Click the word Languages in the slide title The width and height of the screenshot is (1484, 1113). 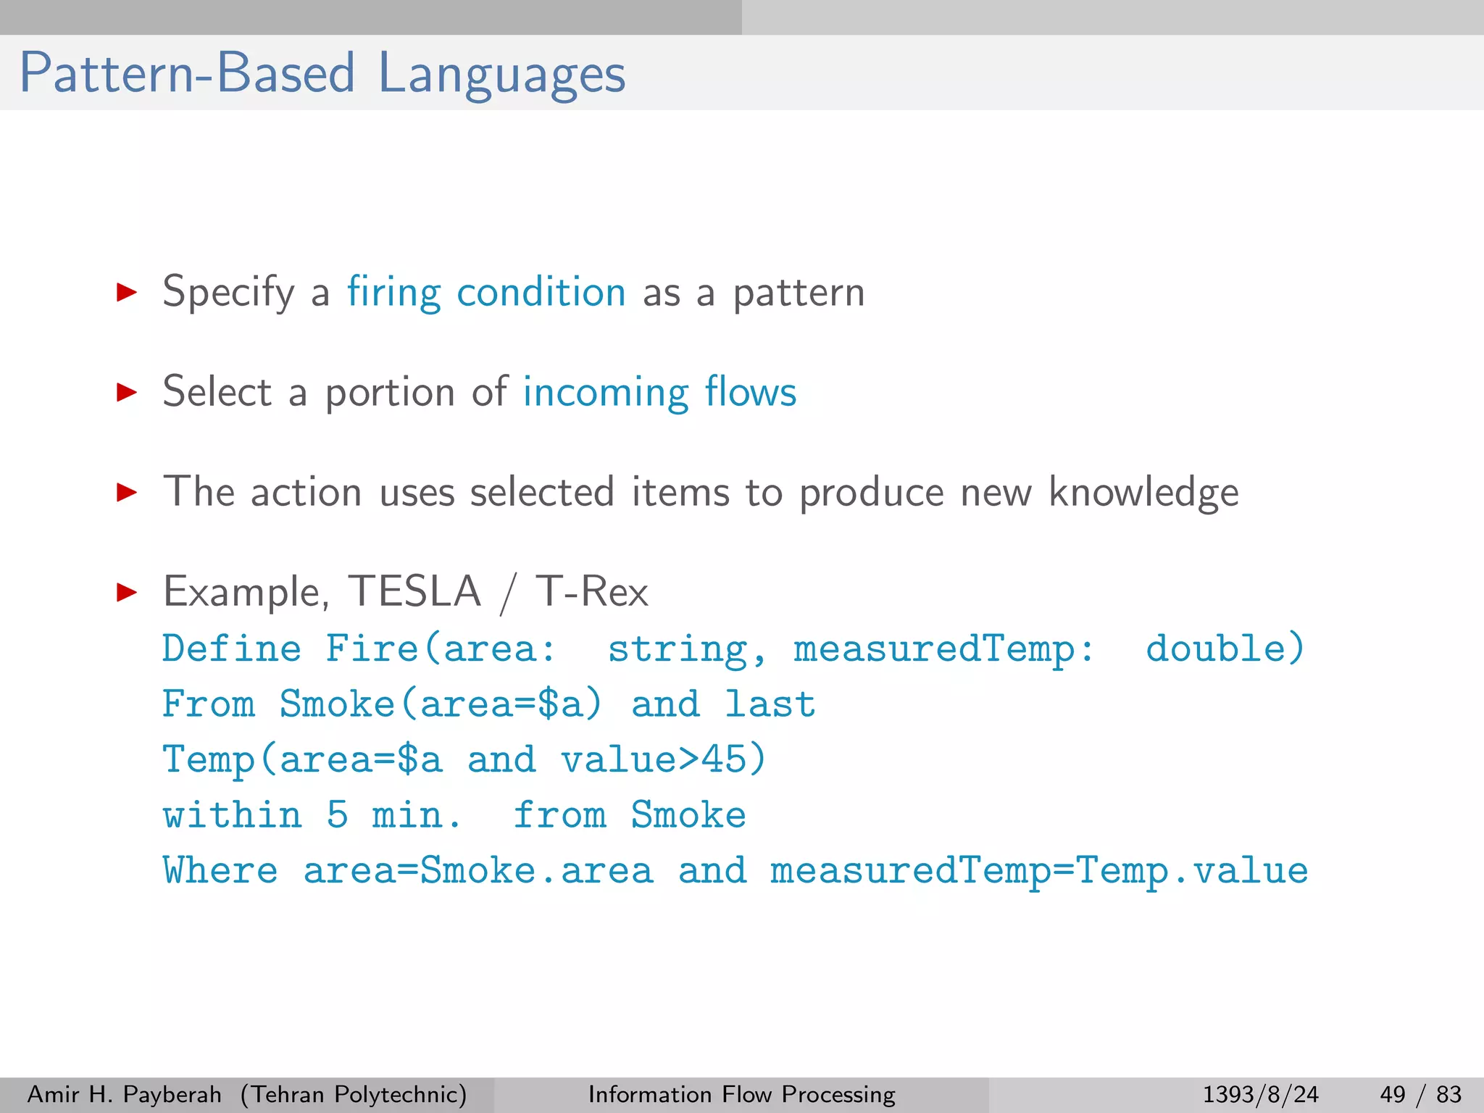(x=501, y=74)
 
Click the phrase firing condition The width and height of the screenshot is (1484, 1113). (x=485, y=292)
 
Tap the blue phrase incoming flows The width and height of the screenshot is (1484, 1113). (x=659, y=392)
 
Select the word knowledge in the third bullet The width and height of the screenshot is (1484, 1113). (x=1143, y=493)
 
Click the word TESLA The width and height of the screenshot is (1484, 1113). (x=414, y=591)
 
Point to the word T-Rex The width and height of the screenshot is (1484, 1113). (x=591, y=591)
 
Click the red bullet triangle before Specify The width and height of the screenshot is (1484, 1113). (x=127, y=293)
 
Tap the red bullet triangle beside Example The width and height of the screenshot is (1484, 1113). (x=127, y=593)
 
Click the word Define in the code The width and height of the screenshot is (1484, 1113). (x=231, y=648)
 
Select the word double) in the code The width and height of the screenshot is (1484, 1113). (x=1225, y=648)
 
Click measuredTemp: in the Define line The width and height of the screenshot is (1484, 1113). (x=943, y=648)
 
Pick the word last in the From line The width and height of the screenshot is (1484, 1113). (x=770, y=704)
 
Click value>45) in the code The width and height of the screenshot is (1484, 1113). (x=663, y=759)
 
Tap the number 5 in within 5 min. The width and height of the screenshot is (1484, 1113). (x=338, y=815)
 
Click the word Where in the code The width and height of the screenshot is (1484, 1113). (x=220, y=870)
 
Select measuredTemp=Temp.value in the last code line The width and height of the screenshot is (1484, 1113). (x=1038, y=870)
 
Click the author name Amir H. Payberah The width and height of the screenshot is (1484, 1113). (x=124, y=1094)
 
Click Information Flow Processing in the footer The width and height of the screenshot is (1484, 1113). (x=741, y=1094)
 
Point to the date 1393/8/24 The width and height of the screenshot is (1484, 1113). (x=1260, y=1094)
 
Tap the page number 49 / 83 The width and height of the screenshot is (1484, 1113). (x=1420, y=1094)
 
